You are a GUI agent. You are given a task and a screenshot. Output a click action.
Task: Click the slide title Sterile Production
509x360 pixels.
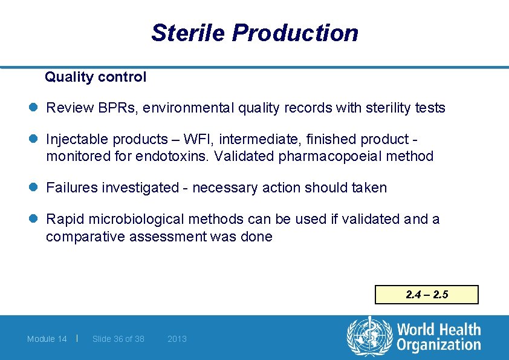pyautogui.click(x=254, y=33)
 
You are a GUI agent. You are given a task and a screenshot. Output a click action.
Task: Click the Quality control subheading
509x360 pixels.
pyautogui.click(x=96, y=77)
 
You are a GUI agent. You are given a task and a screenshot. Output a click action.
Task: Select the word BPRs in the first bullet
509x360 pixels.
pyautogui.click(x=112, y=108)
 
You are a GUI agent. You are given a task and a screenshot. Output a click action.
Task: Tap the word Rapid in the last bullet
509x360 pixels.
pyautogui.click(x=64, y=219)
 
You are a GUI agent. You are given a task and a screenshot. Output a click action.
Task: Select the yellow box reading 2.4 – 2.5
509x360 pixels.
pyautogui.click(x=426, y=295)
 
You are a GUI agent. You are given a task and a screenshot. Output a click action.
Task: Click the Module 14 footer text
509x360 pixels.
pyautogui.click(x=47, y=339)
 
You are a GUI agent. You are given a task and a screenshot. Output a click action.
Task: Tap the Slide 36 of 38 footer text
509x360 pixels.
pyautogui.click(x=118, y=339)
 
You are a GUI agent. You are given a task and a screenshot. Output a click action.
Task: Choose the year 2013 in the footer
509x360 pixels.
pyautogui.click(x=177, y=339)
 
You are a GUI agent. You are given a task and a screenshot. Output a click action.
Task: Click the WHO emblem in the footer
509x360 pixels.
pyautogui.click(x=369, y=336)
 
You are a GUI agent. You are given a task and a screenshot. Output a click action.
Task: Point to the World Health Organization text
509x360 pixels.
pyautogui.click(x=438, y=338)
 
